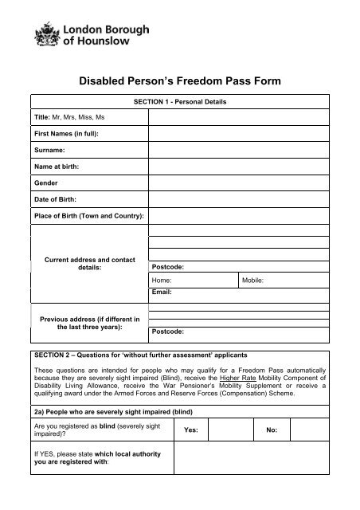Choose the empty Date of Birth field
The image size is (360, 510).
(x=239, y=199)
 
